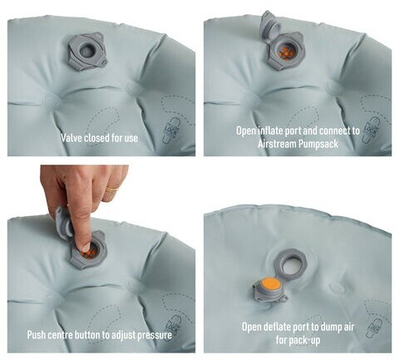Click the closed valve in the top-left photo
tap(87, 52)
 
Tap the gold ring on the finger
tap(113, 189)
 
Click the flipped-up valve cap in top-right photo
tap(270, 27)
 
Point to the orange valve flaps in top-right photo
tap(285, 52)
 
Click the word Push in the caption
tap(36, 335)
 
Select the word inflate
tap(268, 131)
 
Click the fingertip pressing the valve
tap(86, 245)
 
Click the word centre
tap(58, 335)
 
